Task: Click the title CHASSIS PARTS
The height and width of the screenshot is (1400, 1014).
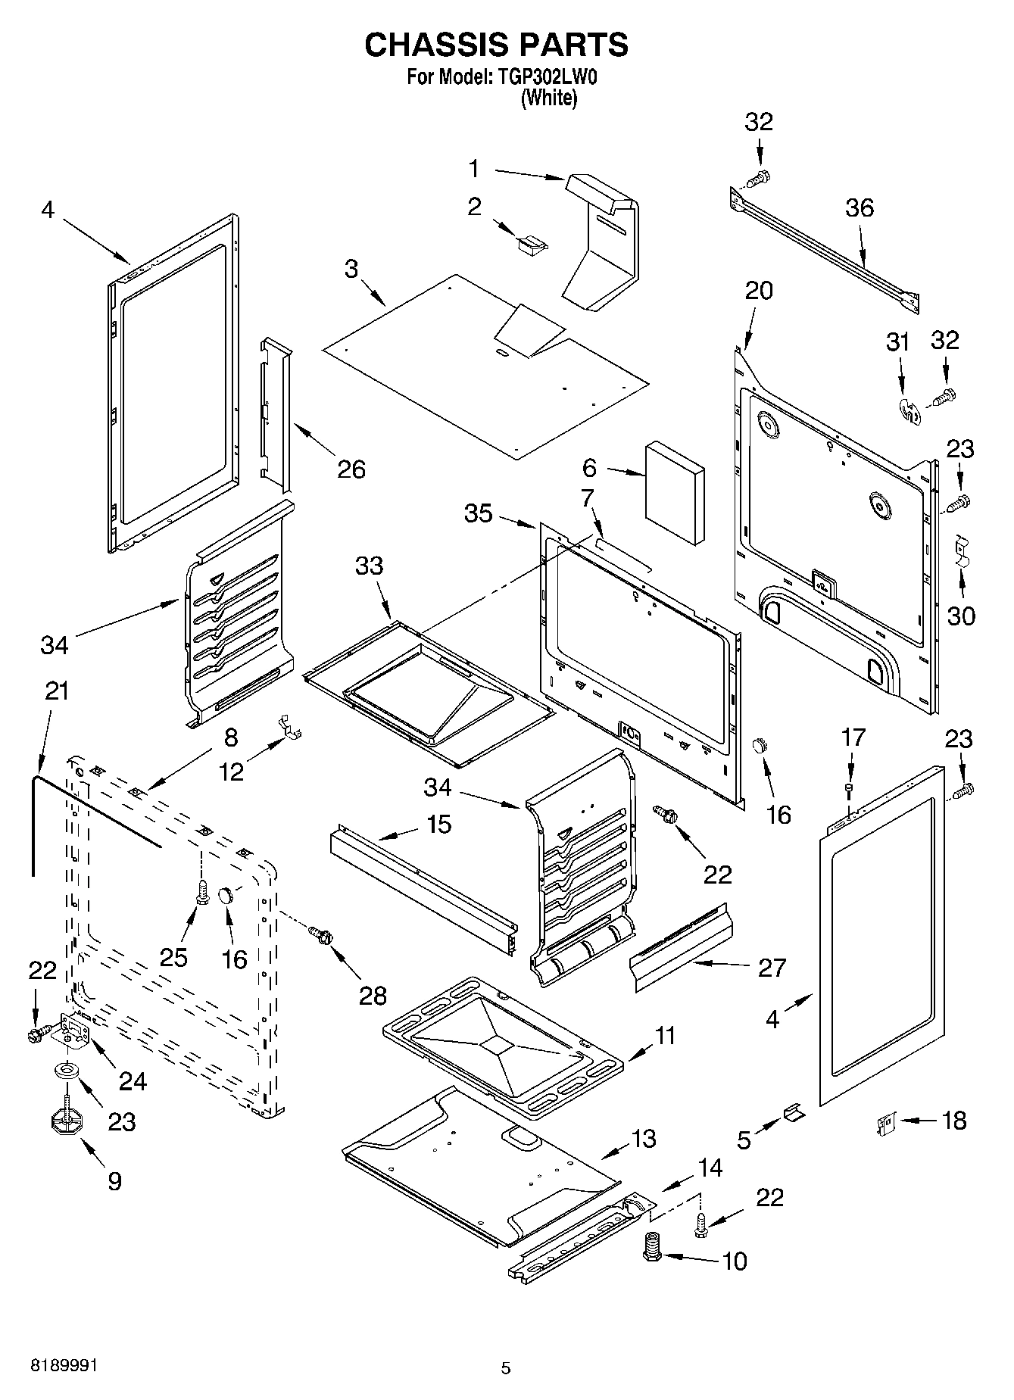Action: [x=496, y=45]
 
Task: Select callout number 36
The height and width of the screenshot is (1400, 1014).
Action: [x=859, y=207]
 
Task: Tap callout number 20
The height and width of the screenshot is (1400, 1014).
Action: [x=759, y=290]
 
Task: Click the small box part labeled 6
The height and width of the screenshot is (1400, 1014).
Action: [x=674, y=494]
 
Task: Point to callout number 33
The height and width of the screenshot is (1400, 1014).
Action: [x=370, y=566]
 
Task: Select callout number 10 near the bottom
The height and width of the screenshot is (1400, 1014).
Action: [x=735, y=1261]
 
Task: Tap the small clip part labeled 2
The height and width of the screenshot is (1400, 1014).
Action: [x=531, y=244]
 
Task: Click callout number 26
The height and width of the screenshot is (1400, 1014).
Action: [x=351, y=469]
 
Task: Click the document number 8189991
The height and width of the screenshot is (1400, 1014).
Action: [x=64, y=1366]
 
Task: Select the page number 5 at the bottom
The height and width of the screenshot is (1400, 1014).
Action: [x=506, y=1368]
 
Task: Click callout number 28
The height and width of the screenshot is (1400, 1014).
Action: [x=373, y=995]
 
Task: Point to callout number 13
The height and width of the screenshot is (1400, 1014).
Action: [x=644, y=1139]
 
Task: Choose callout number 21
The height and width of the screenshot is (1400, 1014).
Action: [x=56, y=691]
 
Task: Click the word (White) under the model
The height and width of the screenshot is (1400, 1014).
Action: [x=548, y=98]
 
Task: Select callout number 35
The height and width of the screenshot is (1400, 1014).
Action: [x=479, y=513]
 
